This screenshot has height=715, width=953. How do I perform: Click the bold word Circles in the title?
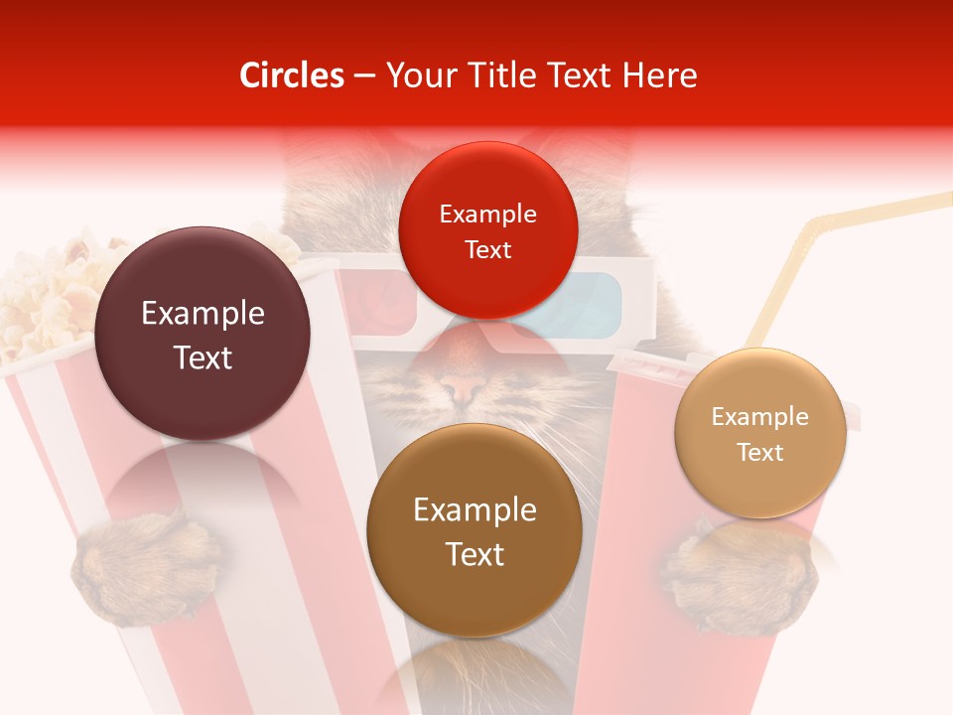click(291, 75)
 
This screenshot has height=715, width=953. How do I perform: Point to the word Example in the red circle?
click(487, 214)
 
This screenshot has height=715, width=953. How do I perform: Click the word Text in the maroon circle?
click(203, 357)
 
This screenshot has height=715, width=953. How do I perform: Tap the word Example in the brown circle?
click(475, 510)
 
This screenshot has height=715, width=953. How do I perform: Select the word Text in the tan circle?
click(760, 453)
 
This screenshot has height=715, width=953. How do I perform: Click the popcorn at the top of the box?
click(50, 288)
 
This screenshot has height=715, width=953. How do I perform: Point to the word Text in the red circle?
click(487, 249)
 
